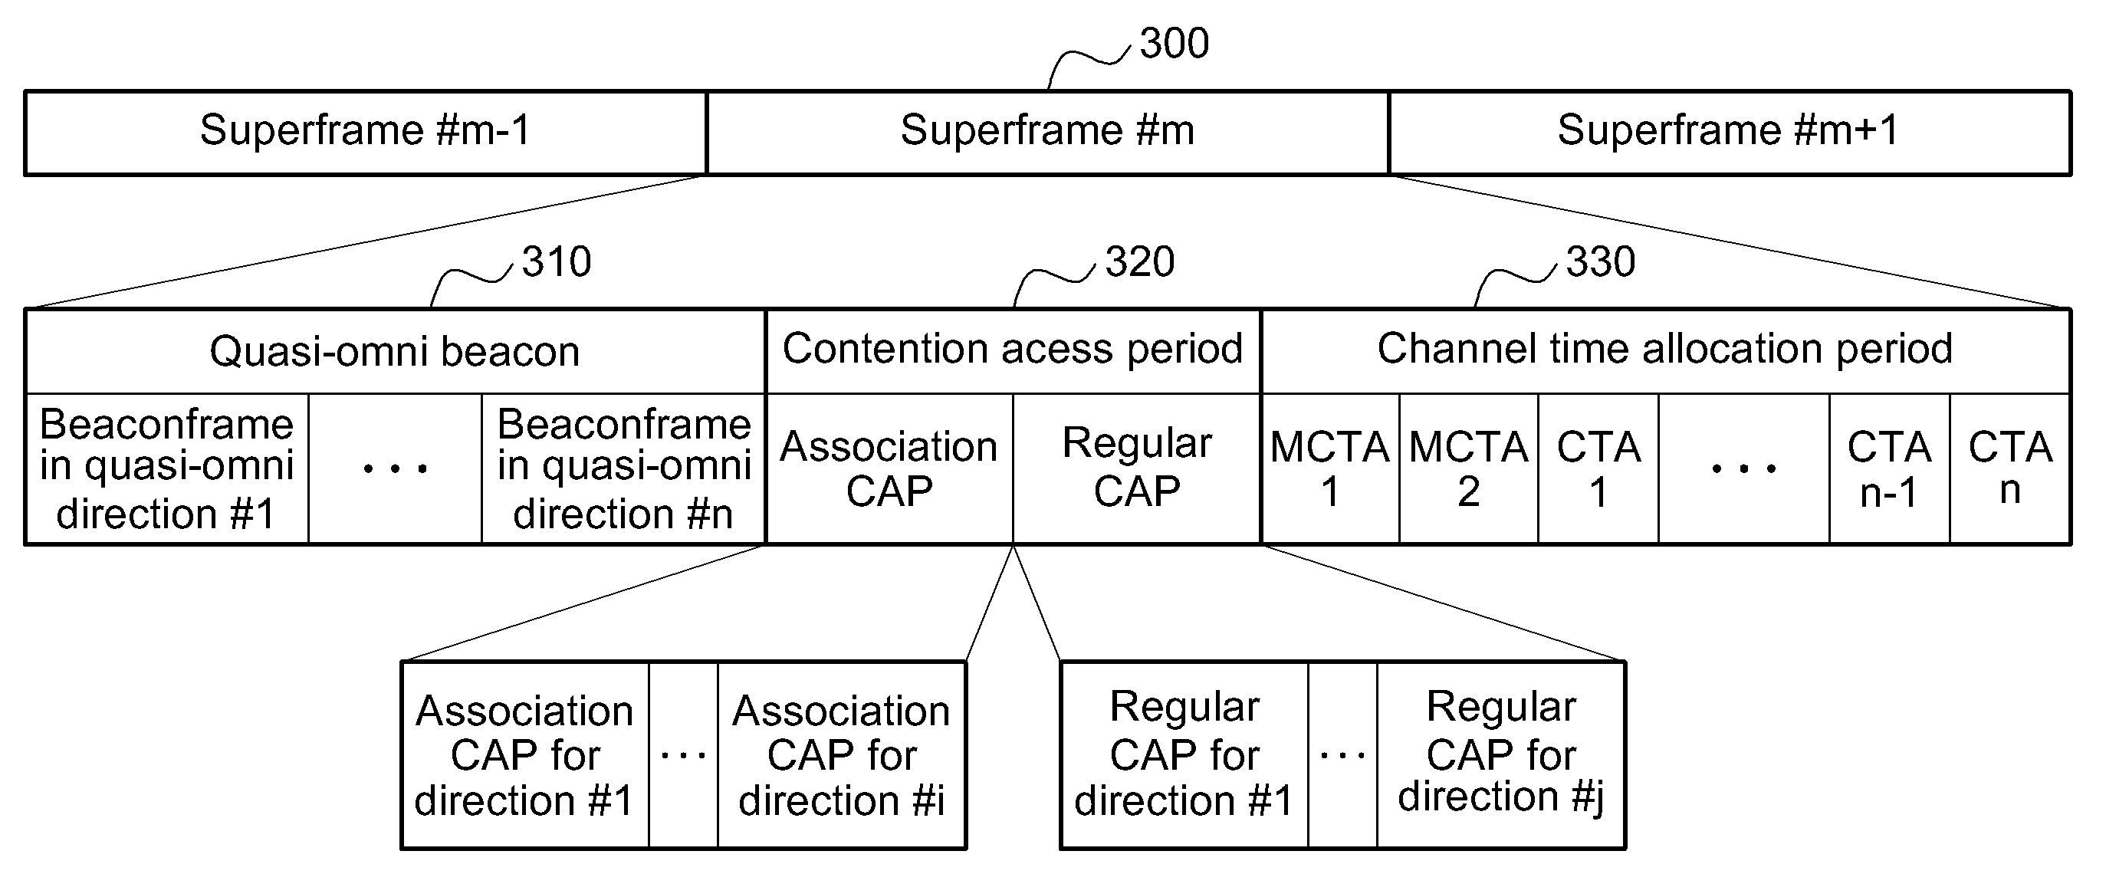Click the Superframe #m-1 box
[366, 133]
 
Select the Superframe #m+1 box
[1730, 133]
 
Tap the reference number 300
[1174, 44]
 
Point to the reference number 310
[556, 261]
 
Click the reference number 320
[1140, 261]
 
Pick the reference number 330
[1601, 261]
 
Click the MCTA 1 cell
[1330, 468]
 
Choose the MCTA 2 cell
[1469, 468]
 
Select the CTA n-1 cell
[1889, 468]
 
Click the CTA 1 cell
[1598, 468]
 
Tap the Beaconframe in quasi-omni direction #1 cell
[167, 468]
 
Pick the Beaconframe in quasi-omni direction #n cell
[624, 468]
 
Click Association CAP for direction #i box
[842, 755]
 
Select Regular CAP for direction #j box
[1501, 755]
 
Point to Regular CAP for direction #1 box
[1184, 755]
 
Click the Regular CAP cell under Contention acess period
[1137, 468]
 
